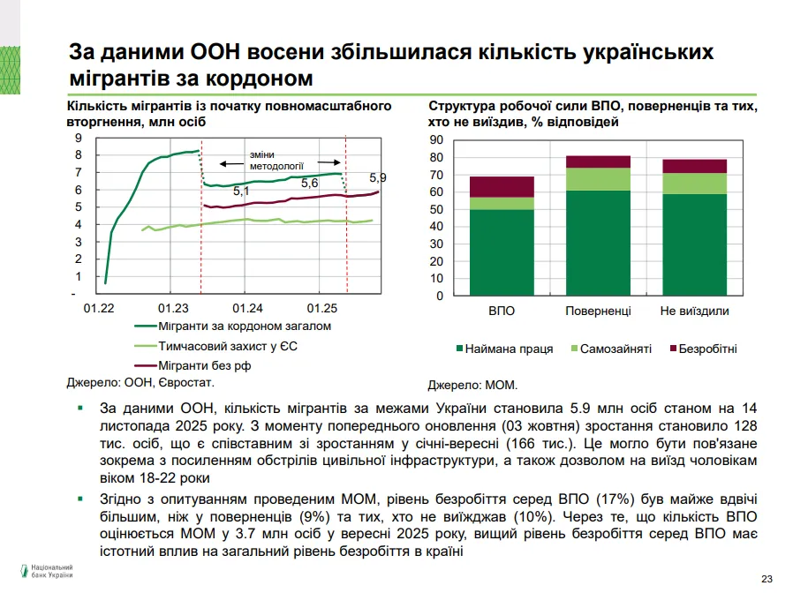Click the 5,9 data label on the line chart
coord(378,177)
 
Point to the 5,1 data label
coord(241,191)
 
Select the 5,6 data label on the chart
coord(309,183)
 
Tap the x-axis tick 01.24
coord(248,309)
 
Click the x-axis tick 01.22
coord(98,309)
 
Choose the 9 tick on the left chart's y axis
coord(78,138)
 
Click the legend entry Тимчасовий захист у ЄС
coord(225,346)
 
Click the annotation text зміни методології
coord(276,159)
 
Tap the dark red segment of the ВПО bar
coord(502,186)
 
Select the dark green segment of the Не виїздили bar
coord(694,244)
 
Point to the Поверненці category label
coord(598,312)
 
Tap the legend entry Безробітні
coord(706,349)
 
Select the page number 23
coord(767,578)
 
